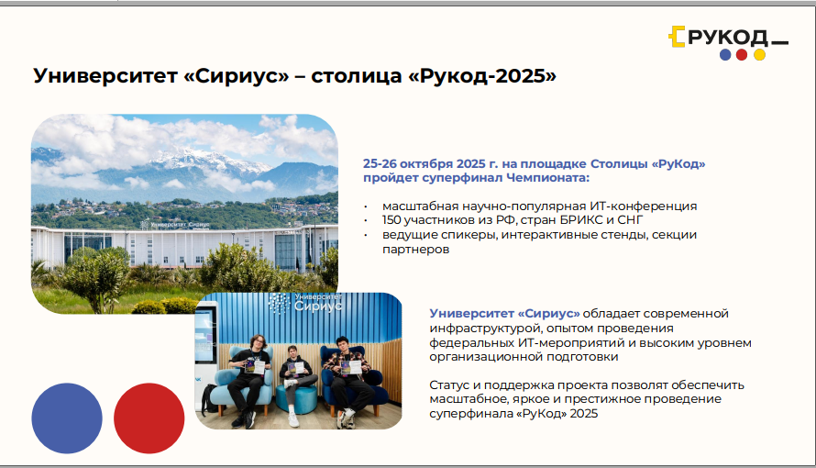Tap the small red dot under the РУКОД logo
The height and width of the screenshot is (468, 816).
742,55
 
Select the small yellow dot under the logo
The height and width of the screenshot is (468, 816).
760,55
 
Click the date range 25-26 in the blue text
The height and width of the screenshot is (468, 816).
380,163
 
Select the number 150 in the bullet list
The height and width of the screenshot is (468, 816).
391,220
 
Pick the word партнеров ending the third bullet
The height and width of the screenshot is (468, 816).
416,250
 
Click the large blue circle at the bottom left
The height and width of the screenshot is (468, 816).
67,418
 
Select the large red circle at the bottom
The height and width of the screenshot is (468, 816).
149,418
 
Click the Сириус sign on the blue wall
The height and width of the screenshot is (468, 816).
306,303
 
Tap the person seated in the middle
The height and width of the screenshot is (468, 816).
294,383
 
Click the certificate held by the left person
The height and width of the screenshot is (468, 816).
255,366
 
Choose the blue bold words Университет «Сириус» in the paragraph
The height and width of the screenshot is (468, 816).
505,314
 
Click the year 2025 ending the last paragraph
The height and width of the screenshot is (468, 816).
584,414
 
